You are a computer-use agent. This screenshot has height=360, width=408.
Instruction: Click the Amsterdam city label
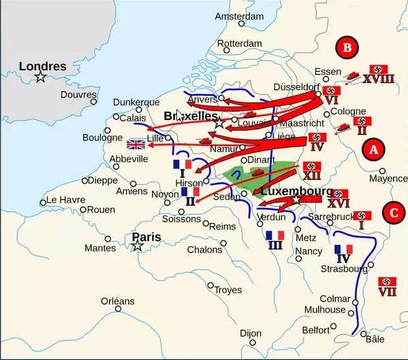(x=239, y=16)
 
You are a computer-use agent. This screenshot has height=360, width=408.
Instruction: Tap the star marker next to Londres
(x=41, y=77)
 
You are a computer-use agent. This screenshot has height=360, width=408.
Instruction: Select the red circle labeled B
(x=347, y=48)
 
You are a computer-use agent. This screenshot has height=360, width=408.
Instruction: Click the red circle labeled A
(x=372, y=149)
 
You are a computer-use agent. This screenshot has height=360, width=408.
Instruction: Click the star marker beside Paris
(x=138, y=245)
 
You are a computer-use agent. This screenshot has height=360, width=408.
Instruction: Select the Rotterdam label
(x=239, y=44)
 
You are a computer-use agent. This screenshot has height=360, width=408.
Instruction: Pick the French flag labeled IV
(x=343, y=250)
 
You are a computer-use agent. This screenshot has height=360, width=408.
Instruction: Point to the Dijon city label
(x=251, y=333)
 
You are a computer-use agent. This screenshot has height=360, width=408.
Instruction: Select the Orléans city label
(x=118, y=301)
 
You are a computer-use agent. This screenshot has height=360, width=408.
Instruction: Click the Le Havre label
(x=62, y=200)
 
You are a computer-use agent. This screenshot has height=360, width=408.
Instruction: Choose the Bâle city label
(x=375, y=338)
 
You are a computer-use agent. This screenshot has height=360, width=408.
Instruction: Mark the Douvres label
(x=78, y=95)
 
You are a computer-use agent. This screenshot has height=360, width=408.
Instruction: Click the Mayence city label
(x=388, y=179)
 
